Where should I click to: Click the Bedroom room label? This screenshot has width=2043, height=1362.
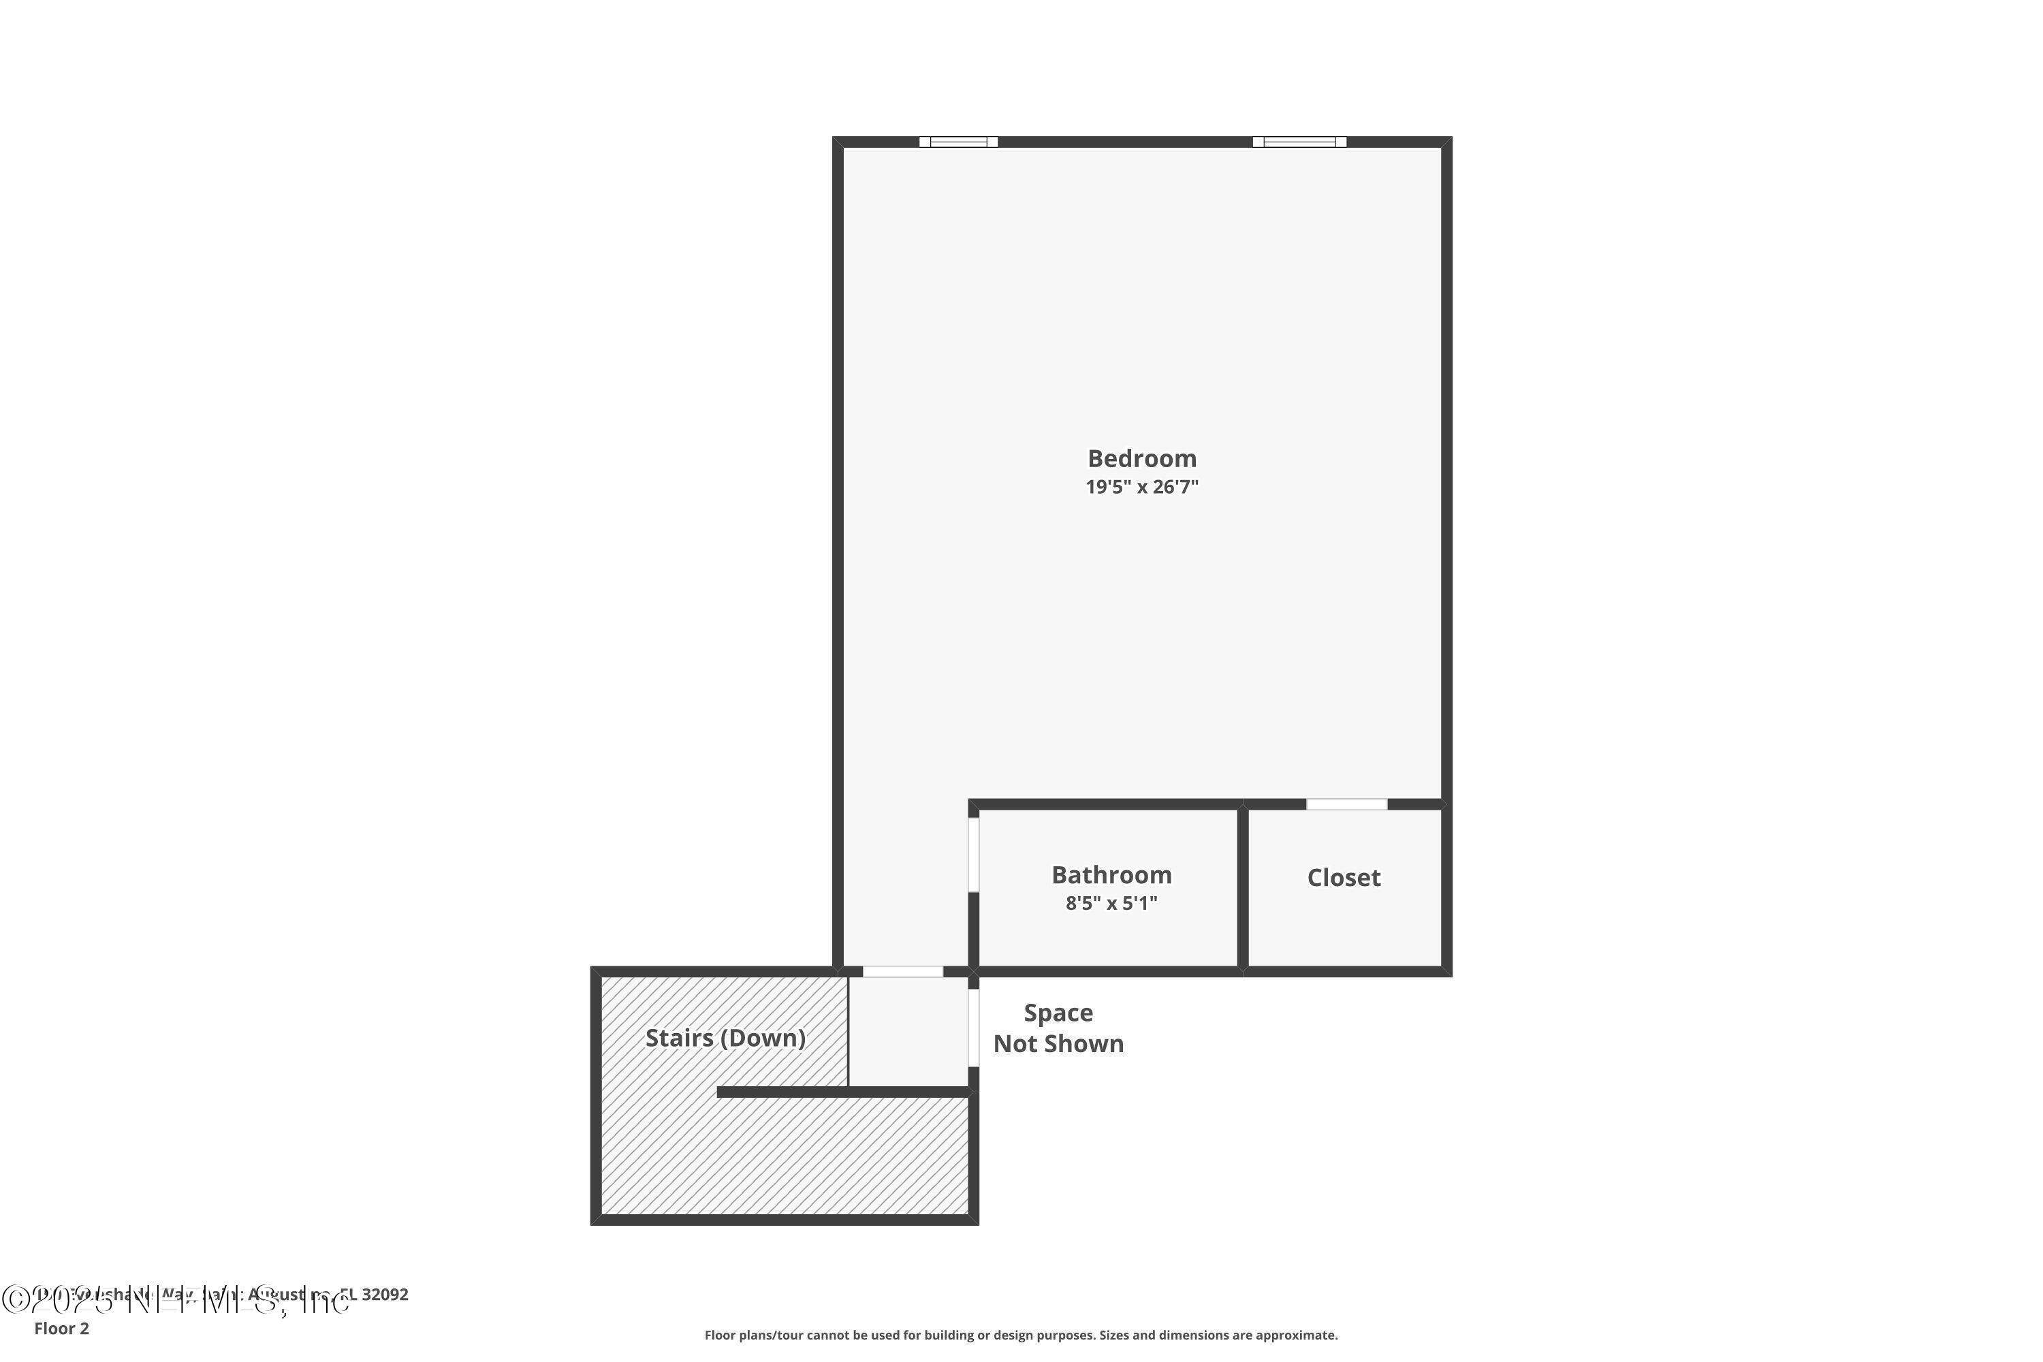(x=1141, y=458)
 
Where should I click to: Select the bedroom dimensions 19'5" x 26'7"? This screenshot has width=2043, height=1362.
(x=1141, y=486)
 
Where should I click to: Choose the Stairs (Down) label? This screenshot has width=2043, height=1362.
(x=725, y=1038)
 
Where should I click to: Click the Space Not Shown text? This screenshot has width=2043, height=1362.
(x=1058, y=1028)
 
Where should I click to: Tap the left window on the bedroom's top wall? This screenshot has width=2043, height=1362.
(x=958, y=142)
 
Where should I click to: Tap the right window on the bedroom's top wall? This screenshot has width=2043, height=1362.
(x=1299, y=142)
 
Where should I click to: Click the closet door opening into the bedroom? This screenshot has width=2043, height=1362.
(x=1346, y=804)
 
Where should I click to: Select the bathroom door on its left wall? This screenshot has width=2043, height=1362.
(x=974, y=855)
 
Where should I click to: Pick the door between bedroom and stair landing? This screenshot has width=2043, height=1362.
(x=902, y=971)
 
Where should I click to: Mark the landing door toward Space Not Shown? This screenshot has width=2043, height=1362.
(x=974, y=1028)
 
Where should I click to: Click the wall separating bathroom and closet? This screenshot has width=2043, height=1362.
(x=1242, y=886)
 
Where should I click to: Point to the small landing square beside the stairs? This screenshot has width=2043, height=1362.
(x=908, y=1031)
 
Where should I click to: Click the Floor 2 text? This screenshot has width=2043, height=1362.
(x=62, y=1328)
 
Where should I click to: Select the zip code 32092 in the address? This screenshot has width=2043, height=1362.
(x=385, y=1295)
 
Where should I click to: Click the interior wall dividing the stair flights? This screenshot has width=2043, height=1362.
(x=842, y=1092)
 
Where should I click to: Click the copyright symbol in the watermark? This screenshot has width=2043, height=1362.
(x=15, y=1299)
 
